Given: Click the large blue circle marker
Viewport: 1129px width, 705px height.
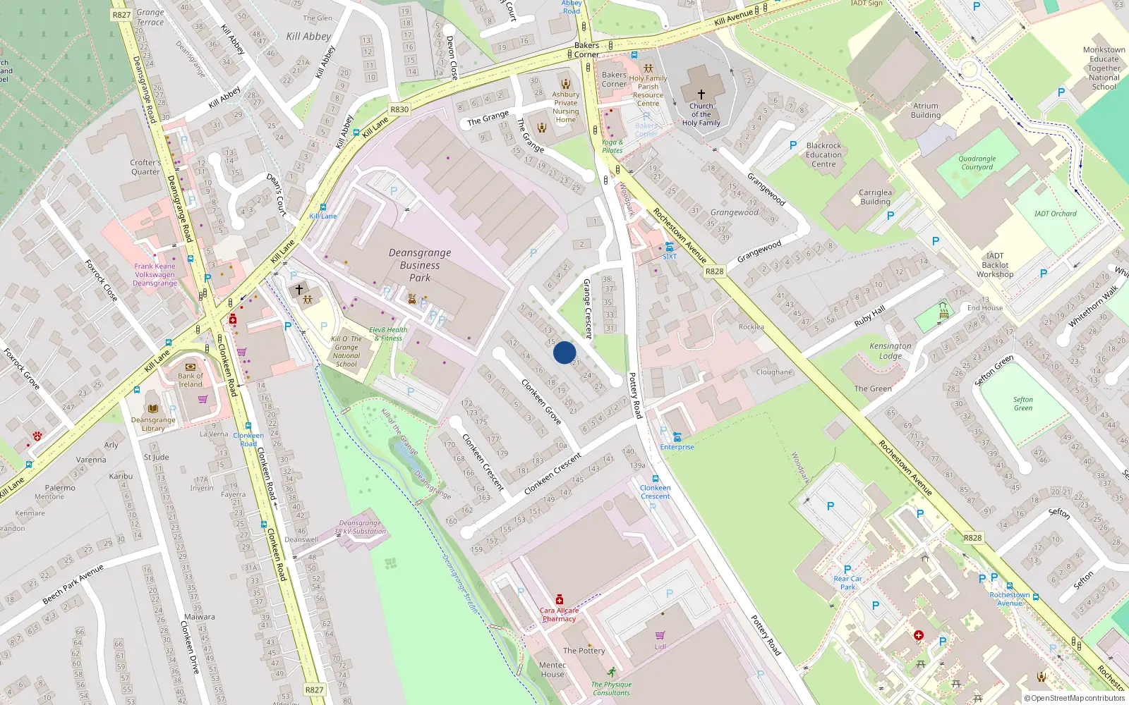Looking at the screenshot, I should tap(564, 352).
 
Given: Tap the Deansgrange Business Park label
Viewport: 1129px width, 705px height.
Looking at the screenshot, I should tap(420, 265).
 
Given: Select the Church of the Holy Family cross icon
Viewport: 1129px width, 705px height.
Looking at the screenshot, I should tap(701, 94).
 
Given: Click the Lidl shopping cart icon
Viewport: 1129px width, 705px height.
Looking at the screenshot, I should tap(660, 635).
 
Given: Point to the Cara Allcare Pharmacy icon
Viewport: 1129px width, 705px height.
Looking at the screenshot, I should tap(560, 599).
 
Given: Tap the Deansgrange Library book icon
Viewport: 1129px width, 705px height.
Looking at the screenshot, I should tap(153, 408).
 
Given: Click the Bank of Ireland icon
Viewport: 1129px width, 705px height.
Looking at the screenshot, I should tap(190, 367).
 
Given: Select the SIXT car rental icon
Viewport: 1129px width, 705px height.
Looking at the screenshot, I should tap(669, 247).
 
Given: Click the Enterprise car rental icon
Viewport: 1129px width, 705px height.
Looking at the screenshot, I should tap(677, 437).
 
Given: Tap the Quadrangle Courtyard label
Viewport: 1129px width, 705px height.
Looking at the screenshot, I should tap(977, 163).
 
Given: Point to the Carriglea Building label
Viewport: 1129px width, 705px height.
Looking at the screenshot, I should tap(875, 197).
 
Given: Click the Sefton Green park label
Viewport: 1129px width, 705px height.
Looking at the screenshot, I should tap(1023, 403).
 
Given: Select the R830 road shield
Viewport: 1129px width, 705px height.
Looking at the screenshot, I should tap(399, 109).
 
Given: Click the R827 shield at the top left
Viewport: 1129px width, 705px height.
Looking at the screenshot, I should tap(121, 14).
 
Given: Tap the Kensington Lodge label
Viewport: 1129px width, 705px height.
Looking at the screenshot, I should tap(890, 350).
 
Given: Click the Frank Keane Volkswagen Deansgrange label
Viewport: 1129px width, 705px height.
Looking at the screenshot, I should tap(155, 275).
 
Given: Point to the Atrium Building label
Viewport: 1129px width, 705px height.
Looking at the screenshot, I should tap(926, 111).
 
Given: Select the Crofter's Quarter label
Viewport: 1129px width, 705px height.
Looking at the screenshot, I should tap(145, 167).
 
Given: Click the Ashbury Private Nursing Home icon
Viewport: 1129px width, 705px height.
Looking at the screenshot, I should tap(565, 83).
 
